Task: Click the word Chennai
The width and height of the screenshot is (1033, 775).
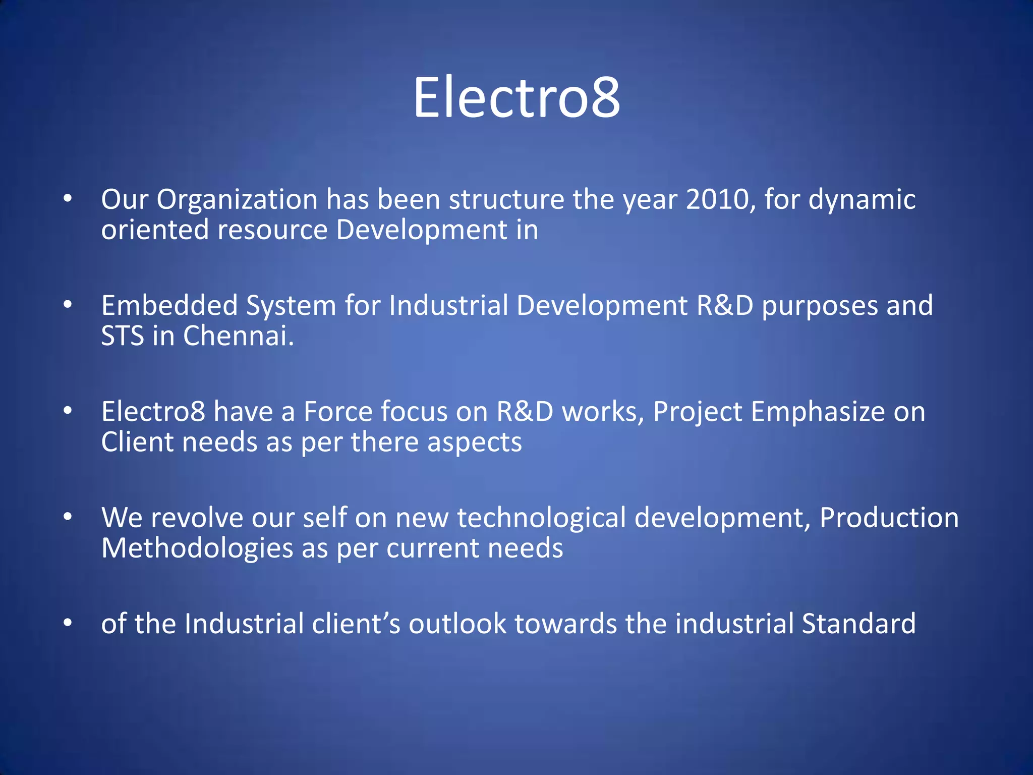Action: click(x=238, y=336)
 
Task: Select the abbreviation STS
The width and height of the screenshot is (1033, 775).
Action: click(x=123, y=336)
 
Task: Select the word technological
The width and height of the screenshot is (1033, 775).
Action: click(x=541, y=519)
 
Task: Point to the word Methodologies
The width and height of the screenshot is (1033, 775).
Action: click(x=197, y=548)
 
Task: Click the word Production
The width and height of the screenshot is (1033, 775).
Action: click(x=889, y=518)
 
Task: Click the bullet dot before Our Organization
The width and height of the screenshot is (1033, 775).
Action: click(x=68, y=199)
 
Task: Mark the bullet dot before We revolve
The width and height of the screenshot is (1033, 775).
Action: click(x=68, y=517)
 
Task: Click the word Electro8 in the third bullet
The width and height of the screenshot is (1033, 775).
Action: click(x=153, y=412)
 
